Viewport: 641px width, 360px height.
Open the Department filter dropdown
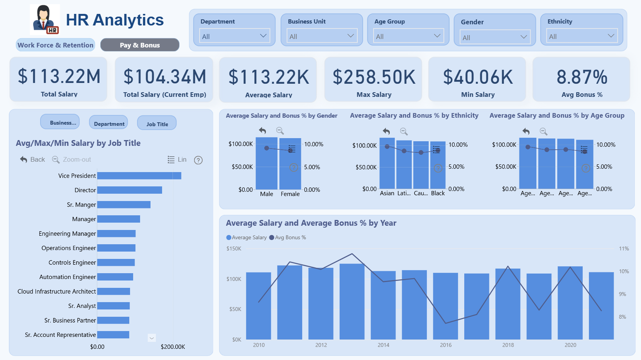tap(234, 36)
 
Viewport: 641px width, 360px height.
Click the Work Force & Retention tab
tap(56, 45)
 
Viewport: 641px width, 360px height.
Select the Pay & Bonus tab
tap(140, 45)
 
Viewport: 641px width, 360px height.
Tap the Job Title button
tap(157, 123)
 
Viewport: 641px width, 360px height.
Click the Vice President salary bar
tap(139, 176)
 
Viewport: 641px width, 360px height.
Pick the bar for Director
tap(130, 190)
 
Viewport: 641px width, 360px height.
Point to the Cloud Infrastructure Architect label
tap(57, 291)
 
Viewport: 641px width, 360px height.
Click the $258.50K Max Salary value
tap(374, 77)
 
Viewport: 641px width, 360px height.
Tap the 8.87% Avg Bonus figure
tap(582, 77)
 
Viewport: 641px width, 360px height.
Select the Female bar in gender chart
tap(290, 164)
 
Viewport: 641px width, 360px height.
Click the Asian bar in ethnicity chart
tap(387, 163)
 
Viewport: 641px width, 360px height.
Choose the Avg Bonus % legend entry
tap(288, 237)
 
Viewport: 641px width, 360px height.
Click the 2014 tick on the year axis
tap(383, 345)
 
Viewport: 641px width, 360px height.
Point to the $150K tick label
tap(234, 248)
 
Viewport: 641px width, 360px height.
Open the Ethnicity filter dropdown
tap(582, 36)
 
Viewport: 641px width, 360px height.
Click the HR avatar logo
tap(45, 19)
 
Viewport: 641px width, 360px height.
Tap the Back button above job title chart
tap(32, 159)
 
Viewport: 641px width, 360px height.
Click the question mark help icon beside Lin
tap(198, 160)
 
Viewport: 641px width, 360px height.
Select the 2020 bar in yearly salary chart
tap(570, 303)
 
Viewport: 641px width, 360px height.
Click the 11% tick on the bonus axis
tap(624, 248)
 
